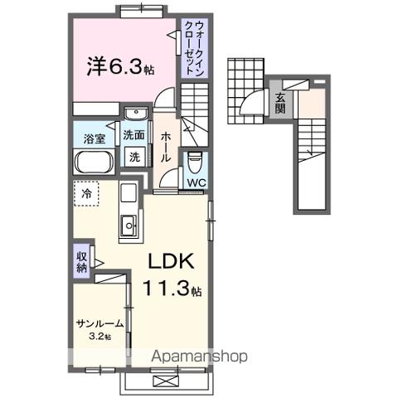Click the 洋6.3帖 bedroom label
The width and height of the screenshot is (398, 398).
tap(120, 67)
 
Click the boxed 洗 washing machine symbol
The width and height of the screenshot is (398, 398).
tap(134, 156)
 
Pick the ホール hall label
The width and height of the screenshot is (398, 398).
tap(166, 145)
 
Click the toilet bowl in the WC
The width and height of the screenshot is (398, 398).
tap(196, 160)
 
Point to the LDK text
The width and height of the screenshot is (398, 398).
tap(171, 261)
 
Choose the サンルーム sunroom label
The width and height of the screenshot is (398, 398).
tap(99, 324)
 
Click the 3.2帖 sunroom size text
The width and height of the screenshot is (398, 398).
tap(101, 337)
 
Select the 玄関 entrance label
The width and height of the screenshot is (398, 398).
tap(281, 104)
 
